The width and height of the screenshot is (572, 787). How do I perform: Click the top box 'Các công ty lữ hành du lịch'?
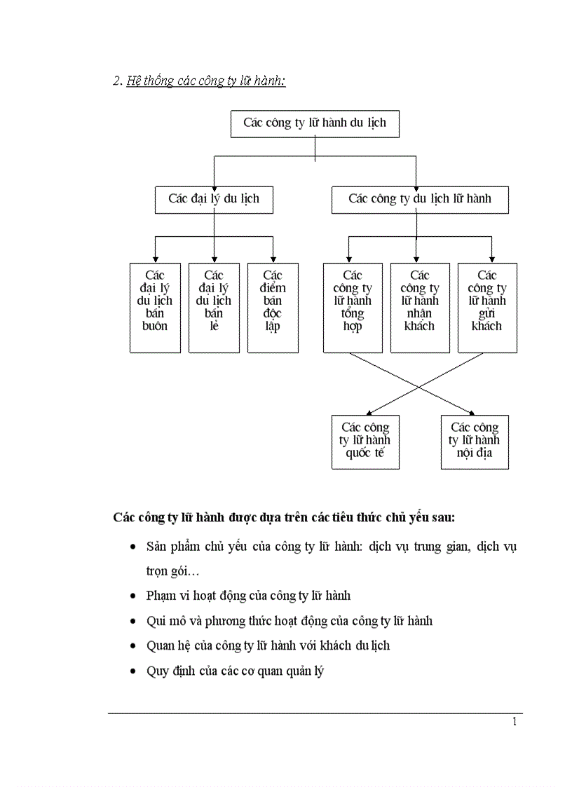point(315,123)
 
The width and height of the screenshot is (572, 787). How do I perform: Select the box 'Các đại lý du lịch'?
point(214,199)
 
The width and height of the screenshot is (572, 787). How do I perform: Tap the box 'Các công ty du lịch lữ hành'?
point(420,199)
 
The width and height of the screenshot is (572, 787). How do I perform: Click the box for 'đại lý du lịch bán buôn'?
point(155,307)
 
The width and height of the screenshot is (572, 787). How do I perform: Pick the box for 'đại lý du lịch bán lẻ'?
point(214,307)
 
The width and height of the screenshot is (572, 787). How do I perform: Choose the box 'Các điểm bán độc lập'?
point(273,307)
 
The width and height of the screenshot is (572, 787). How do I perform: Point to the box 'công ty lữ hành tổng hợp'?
point(353,307)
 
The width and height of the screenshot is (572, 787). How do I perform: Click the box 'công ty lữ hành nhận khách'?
point(420,307)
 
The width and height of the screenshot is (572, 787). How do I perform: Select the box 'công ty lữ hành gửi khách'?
point(487,307)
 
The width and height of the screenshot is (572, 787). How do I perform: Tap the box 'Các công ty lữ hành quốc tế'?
point(365,442)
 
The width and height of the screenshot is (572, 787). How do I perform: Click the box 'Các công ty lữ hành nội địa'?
point(475,442)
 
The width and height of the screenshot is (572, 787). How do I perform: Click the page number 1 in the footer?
point(515,723)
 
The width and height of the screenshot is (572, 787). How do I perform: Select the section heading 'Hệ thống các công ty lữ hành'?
point(205,81)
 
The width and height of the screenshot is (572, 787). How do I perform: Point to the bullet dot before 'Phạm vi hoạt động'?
point(133,596)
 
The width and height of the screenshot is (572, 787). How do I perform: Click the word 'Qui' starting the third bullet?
point(155,621)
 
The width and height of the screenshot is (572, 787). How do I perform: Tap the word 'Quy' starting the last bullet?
point(156,671)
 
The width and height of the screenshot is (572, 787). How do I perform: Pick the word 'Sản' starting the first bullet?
point(156,546)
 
